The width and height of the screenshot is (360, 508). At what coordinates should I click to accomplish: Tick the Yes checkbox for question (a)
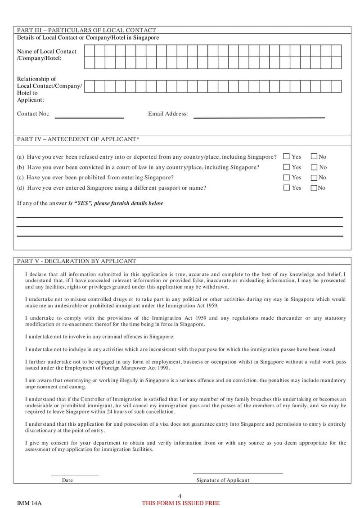point(286,156)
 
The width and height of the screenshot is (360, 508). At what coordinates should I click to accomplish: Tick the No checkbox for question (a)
point(314,156)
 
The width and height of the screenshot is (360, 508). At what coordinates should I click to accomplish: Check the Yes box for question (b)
point(286,167)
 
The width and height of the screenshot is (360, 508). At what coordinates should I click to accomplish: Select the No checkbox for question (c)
point(314,177)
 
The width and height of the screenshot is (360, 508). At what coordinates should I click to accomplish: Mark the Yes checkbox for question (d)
point(286,187)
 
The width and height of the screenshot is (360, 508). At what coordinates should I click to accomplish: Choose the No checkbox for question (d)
point(314,187)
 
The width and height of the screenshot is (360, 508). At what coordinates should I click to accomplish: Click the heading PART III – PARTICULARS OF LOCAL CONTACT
point(86,30)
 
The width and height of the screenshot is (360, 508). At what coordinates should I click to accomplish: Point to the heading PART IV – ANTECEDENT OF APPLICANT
point(78,139)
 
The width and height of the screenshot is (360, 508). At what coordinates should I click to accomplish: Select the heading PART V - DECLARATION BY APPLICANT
point(76,261)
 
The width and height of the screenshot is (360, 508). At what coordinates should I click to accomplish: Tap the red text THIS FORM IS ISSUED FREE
point(181,503)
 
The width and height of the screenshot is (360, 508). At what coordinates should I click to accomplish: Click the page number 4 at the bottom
point(180,496)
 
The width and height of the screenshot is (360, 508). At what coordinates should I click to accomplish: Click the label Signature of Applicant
point(223,480)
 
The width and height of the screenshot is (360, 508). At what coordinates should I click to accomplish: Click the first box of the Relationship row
point(90,86)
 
